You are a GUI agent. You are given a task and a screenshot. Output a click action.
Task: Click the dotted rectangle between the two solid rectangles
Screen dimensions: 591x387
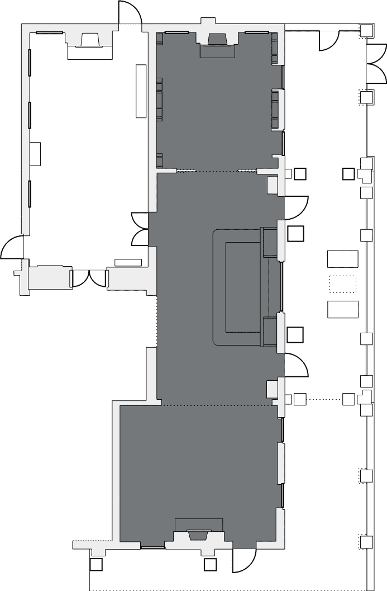(x=342, y=284)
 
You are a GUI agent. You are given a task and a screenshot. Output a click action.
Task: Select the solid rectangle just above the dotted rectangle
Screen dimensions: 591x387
(x=342, y=259)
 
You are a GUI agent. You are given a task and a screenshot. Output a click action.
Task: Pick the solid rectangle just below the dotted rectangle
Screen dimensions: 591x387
(x=342, y=309)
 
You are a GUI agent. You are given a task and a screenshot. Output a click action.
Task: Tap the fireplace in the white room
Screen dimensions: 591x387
(x=90, y=41)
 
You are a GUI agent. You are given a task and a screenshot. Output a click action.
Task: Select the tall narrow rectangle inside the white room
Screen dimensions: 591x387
(x=141, y=91)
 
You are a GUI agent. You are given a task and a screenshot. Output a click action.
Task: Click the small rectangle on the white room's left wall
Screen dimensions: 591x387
(x=35, y=153)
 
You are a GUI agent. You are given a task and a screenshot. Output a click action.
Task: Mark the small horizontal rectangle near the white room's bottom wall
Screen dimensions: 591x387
(x=128, y=262)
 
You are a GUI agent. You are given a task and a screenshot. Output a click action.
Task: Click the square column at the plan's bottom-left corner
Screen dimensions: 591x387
(x=95, y=565)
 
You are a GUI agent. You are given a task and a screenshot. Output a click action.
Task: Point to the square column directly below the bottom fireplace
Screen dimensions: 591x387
(x=210, y=565)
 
